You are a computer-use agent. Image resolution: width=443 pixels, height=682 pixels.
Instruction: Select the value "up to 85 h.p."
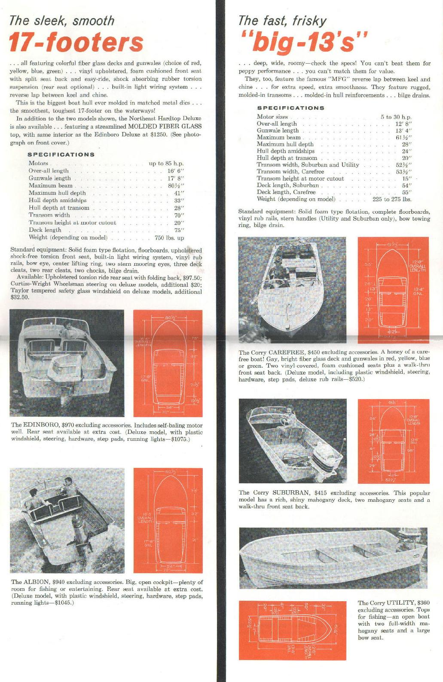click(x=166, y=163)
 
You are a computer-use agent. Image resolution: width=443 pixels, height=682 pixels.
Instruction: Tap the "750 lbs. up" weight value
click(x=169, y=238)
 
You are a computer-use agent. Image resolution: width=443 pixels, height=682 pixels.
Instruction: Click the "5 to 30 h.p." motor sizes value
click(x=396, y=117)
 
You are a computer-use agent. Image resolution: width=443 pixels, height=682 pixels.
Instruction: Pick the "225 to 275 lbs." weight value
click(x=392, y=199)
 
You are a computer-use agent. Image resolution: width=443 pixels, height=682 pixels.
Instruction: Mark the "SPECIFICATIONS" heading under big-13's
click(x=290, y=108)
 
